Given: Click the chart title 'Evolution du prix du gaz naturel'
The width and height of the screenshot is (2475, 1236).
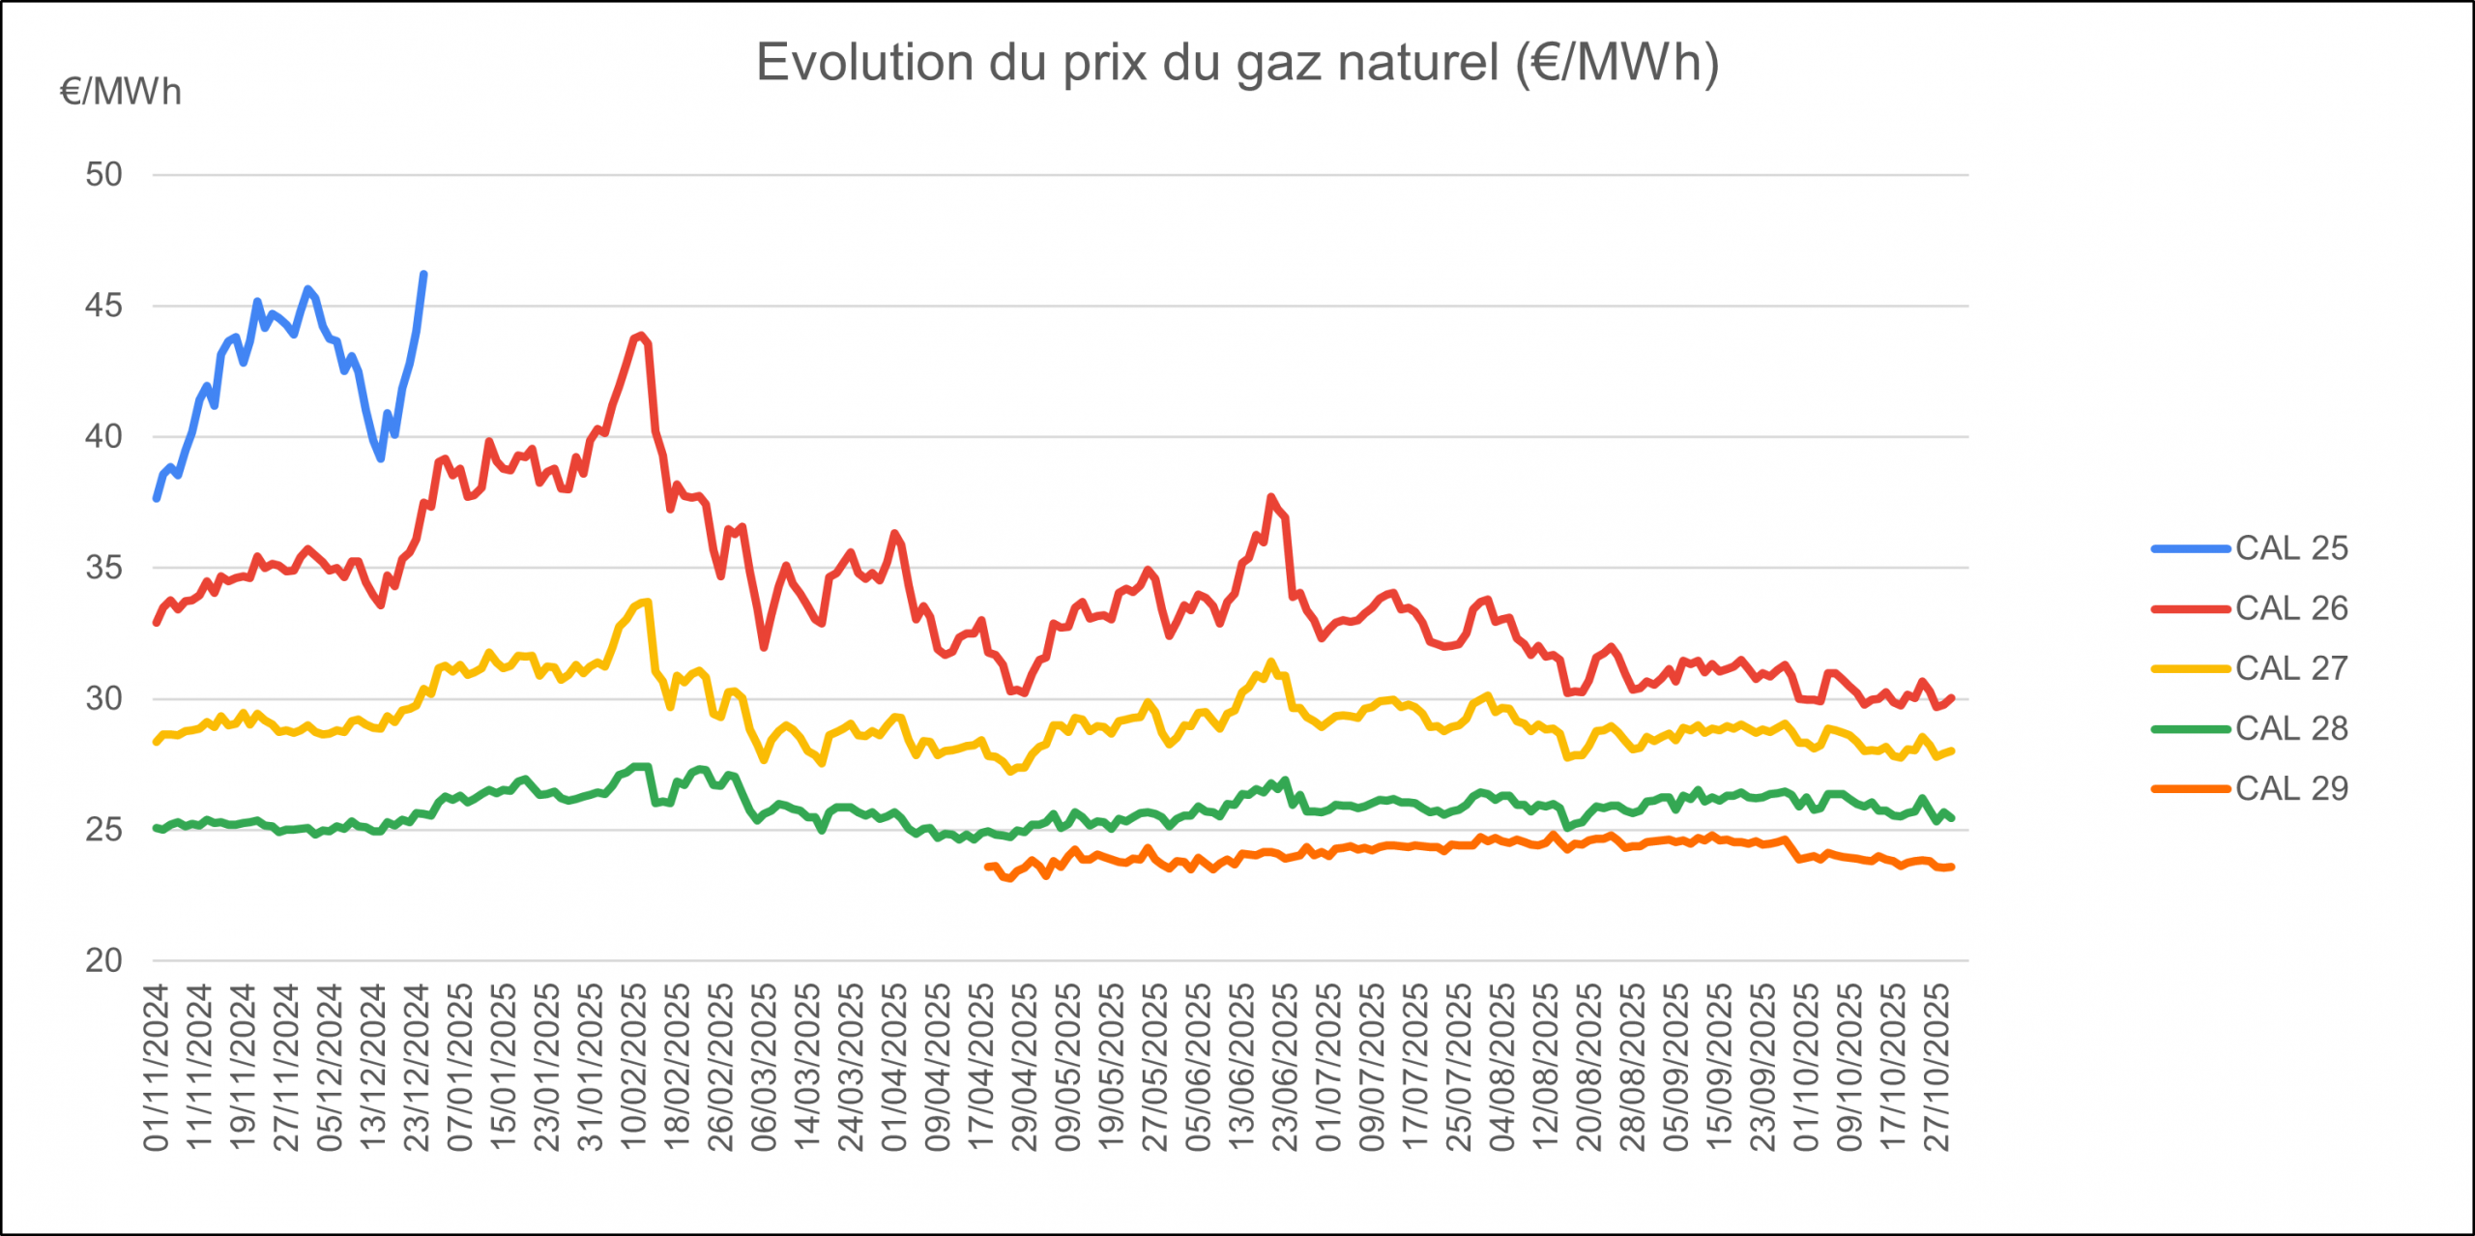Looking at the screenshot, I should [1237, 63].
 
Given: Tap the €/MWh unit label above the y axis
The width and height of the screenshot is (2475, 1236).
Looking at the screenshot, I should [121, 92].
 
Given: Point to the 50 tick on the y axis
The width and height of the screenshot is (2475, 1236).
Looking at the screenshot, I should [103, 175].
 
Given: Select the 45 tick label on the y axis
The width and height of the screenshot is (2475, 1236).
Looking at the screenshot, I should [103, 306].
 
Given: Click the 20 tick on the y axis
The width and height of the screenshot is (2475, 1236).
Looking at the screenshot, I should [103, 960].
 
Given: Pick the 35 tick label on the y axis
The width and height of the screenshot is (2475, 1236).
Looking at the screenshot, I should [103, 568].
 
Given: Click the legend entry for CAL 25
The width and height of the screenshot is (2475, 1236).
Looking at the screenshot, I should [2290, 548].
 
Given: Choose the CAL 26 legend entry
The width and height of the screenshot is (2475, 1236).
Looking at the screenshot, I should [2290, 608].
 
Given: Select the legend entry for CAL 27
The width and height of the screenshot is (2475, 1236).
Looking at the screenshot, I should [2290, 668].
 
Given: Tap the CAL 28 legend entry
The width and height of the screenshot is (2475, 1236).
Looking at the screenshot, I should [2290, 728].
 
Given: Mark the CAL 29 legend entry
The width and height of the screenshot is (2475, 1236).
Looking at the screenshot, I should [2290, 788].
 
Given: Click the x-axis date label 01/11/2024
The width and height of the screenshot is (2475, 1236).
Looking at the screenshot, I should [157, 1068].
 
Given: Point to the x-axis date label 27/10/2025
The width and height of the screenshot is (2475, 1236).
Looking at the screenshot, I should [1936, 1068].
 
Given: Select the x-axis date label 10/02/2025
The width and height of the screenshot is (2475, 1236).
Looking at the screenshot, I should [633, 1068].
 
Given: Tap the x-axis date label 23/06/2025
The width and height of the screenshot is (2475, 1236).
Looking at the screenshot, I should [1285, 1068].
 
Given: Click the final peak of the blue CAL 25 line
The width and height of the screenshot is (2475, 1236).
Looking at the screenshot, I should [423, 275].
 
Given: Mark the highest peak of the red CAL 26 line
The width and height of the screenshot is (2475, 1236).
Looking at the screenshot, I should [641, 336].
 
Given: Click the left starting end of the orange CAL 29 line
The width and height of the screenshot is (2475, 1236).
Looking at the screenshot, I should [987, 867].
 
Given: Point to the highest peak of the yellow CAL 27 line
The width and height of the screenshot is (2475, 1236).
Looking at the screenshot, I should [647, 602].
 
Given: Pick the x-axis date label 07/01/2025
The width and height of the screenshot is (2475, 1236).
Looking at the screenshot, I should [460, 1068].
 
